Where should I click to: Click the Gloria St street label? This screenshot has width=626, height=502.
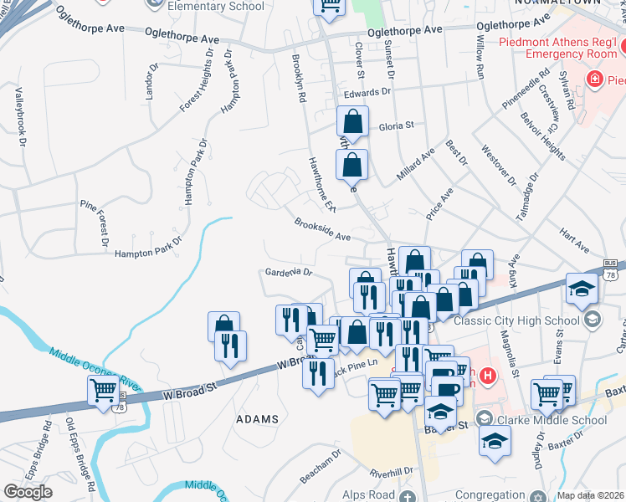[397, 126]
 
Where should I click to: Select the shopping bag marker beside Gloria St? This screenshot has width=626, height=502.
[352, 121]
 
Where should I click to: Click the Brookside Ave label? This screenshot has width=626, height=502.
[322, 230]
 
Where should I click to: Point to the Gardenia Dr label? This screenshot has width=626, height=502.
[288, 272]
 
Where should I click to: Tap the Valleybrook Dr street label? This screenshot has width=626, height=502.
[18, 117]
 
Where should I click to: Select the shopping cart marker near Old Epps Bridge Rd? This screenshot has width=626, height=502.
[104, 391]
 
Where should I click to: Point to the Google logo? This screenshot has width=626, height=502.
[28, 492]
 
